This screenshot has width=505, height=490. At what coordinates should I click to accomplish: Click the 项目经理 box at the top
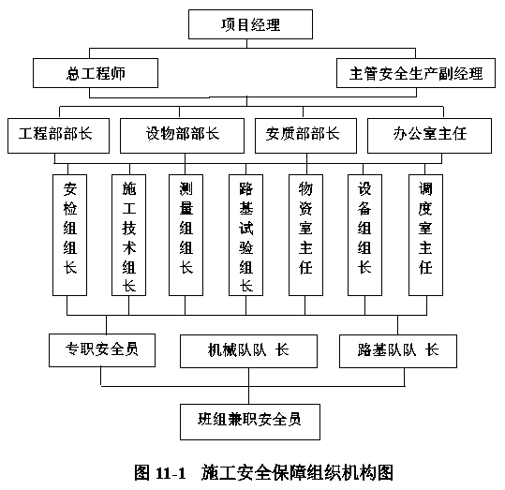tap(250, 24)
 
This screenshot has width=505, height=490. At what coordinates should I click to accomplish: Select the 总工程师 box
tap(96, 73)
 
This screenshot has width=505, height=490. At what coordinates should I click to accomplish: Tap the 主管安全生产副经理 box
tap(416, 73)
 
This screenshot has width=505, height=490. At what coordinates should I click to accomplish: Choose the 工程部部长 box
tap(58, 136)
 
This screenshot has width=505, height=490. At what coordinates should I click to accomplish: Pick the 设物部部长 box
tap(182, 136)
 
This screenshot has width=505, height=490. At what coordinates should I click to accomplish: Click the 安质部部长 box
tap(305, 136)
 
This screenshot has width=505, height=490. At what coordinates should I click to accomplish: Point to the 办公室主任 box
tap(429, 136)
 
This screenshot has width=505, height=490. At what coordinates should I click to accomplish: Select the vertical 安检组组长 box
tap(70, 235)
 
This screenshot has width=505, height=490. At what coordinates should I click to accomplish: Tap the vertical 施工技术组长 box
tap(129, 235)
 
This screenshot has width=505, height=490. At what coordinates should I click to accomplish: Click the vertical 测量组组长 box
tap(186, 235)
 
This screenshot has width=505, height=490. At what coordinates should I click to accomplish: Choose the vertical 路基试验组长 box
tap(245, 235)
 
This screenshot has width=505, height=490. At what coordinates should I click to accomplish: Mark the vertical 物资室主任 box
tap(305, 235)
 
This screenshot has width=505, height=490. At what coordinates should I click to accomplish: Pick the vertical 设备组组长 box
tap(364, 235)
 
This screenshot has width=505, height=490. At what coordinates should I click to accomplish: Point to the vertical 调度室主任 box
tap(425, 235)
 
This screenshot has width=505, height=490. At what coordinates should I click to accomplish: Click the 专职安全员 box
tap(102, 350)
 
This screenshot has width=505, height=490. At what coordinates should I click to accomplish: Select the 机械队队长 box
tap(248, 351)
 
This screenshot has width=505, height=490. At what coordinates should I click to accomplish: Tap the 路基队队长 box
tap(398, 351)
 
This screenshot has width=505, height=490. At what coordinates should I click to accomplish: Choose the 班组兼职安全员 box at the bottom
tap(250, 422)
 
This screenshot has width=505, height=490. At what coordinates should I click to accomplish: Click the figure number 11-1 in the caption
tap(171, 473)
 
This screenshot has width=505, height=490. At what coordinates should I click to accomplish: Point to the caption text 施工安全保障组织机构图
tap(297, 473)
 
